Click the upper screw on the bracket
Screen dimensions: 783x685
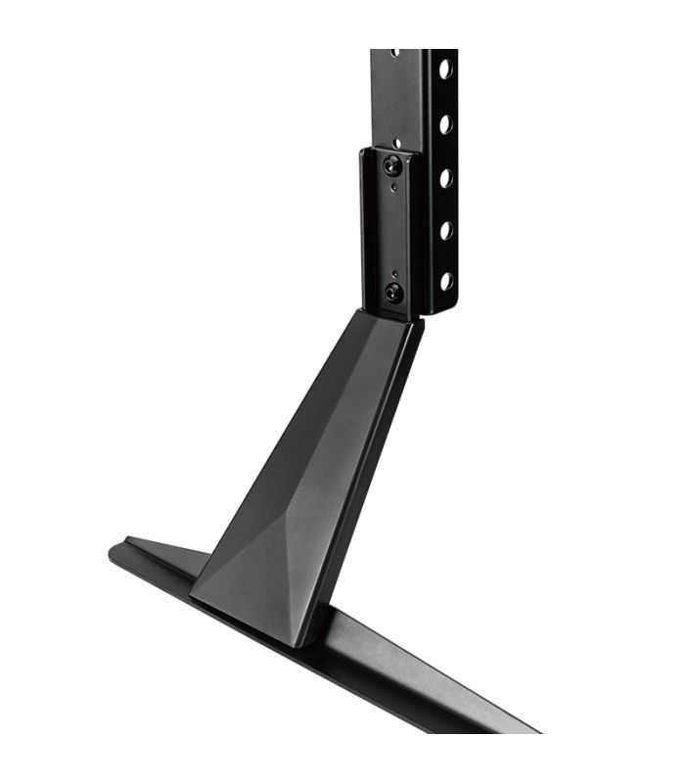tap(392, 164)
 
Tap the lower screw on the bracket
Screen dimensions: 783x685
tap(394, 291)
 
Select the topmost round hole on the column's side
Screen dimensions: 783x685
tap(444, 69)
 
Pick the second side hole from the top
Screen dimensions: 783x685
tap(444, 123)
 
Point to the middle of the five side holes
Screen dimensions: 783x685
tap(444, 177)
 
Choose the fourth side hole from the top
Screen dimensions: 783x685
tap(445, 230)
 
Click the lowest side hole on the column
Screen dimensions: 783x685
tap(445, 282)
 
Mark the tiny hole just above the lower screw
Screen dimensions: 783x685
tap(394, 273)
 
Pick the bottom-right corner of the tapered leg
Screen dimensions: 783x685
tap(299, 646)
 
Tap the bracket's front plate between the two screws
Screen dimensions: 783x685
tap(392, 230)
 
